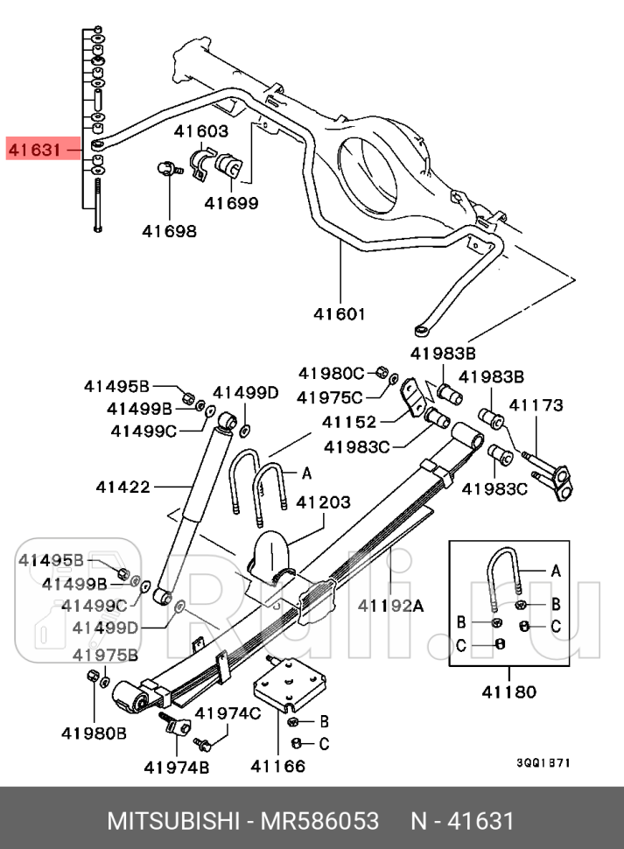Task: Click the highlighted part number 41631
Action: pyautogui.click(x=35, y=149)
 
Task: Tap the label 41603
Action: pyautogui.click(x=201, y=131)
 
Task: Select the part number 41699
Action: pyautogui.click(x=231, y=203)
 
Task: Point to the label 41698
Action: pyautogui.click(x=170, y=231)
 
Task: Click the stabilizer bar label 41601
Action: pyautogui.click(x=340, y=313)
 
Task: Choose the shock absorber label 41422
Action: pyautogui.click(x=123, y=487)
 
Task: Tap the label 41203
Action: pyautogui.click(x=323, y=502)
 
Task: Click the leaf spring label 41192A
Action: pyautogui.click(x=390, y=606)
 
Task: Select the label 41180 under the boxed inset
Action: pyautogui.click(x=509, y=691)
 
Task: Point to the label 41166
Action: pyautogui.click(x=278, y=766)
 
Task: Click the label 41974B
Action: pyautogui.click(x=177, y=768)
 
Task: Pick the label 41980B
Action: pyautogui.click(x=95, y=733)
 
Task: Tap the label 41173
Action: pyautogui.click(x=536, y=405)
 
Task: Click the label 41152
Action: pyautogui.click(x=349, y=421)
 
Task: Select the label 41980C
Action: pyautogui.click(x=332, y=374)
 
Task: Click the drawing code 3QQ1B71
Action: pyautogui.click(x=543, y=763)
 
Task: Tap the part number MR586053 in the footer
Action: pyautogui.click(x=319, y=821)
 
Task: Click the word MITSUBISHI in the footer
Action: pyautogui.click(x=172, y=821)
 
